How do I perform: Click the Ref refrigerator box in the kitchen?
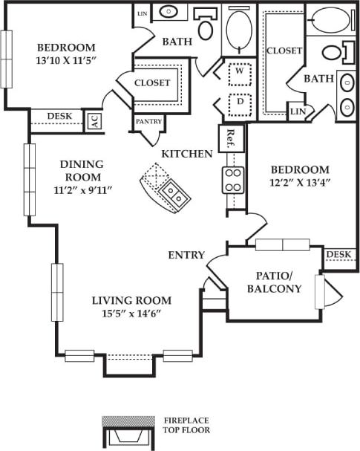click(x=231, y=137)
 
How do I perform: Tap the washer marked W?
click(x=239, y=74)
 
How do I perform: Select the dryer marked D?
click(x=239, y=103)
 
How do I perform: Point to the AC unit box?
click(x=94, y=121)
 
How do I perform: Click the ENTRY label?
click(x=186, y=255)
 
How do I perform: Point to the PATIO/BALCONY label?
click(x=276, y=282)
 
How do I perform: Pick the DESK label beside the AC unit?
click(x=59, y=116)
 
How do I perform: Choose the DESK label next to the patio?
click(x=338, y=255)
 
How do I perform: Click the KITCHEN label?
click(x=187, y=154)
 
